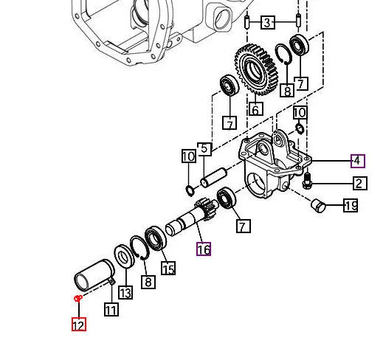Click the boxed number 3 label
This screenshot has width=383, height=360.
(268, 23)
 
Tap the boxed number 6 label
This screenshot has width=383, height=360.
(256, 110)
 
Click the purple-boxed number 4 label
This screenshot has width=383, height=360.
(357, 161)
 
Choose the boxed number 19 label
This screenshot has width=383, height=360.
(351, 206)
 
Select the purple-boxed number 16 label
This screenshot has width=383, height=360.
(204, 249)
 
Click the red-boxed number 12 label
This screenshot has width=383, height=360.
(79, 324)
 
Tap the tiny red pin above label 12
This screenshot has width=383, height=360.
(77, 298)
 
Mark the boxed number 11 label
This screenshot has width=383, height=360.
(111, 309)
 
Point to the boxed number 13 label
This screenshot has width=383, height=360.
(125, 293)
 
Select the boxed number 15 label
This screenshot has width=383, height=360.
(168, 269)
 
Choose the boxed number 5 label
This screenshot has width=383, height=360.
(205, 150)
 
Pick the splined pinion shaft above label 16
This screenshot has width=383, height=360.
(193, 217)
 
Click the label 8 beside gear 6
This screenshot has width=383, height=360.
(286, 91)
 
